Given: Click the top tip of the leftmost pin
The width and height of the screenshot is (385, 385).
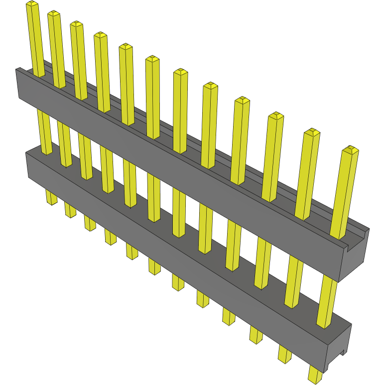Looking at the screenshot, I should [32, 4].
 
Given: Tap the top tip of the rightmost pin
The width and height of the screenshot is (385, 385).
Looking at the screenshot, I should [351, 149].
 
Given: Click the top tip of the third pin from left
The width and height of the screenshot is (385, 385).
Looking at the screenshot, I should [76, 24].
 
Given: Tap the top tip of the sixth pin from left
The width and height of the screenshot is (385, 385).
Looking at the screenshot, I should [152, 60].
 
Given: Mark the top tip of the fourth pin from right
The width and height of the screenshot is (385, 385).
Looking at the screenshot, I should [242, 101].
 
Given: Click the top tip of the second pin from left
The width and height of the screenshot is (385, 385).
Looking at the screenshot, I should [54, 14].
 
